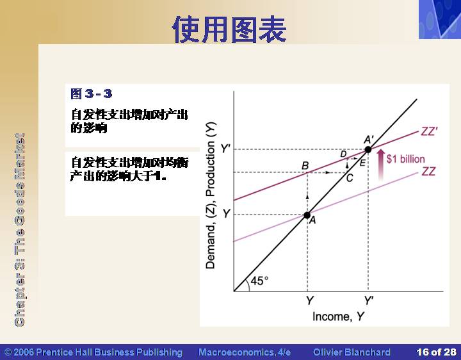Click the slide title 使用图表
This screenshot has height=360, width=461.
[229, 29]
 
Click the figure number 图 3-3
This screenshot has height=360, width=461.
[92, 94]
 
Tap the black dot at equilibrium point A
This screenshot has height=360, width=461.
[307, 215]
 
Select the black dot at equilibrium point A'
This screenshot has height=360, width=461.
[368, 150]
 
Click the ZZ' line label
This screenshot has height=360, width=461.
[429, 131]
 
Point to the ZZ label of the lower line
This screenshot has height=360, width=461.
[428, 171]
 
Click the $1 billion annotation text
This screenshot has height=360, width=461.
[406, 159]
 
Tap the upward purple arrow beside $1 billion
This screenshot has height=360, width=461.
[381, 164]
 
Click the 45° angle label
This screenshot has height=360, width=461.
[259, 281]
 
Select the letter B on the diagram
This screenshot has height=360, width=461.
[305, 166]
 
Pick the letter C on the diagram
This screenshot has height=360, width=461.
[350, 178]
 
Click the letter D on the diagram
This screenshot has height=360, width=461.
[343, 154]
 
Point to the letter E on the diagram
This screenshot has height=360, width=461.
[362, 163]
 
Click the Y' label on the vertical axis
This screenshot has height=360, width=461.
[225, 149]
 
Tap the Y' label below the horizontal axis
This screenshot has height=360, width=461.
[369, 300]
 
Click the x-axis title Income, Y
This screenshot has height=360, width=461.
[338, 317]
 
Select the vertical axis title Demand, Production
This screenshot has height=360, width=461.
[211, 195]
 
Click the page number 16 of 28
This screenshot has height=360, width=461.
[436, 352]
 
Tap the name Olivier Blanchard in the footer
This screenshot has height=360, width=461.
[352, 352]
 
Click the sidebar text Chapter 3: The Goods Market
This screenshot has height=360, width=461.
[19, 230]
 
